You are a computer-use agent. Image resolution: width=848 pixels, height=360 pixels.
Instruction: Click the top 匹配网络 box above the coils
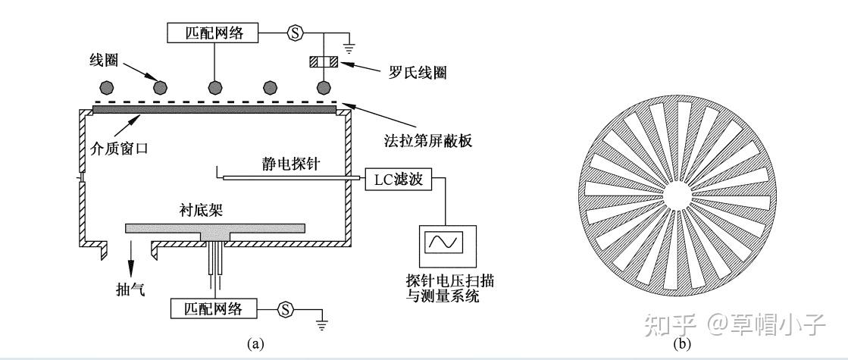(x=212, y=33)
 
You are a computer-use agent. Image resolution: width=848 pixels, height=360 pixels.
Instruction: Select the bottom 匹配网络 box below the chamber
(x=212, y=309)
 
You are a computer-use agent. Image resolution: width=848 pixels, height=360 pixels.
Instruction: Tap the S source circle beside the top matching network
(x=295, y=33)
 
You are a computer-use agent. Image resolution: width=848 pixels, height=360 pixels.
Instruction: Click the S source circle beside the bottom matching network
(x=286, y=309)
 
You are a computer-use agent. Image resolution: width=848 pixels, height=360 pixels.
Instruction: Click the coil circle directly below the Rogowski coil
(x=324, y=87)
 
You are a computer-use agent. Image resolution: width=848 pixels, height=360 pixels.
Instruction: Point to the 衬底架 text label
(x=199, y=210)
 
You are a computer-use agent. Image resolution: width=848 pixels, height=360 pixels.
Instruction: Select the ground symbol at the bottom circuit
(x=321, y=325)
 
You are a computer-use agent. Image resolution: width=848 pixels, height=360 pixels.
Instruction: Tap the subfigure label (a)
(x=256, y=344)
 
